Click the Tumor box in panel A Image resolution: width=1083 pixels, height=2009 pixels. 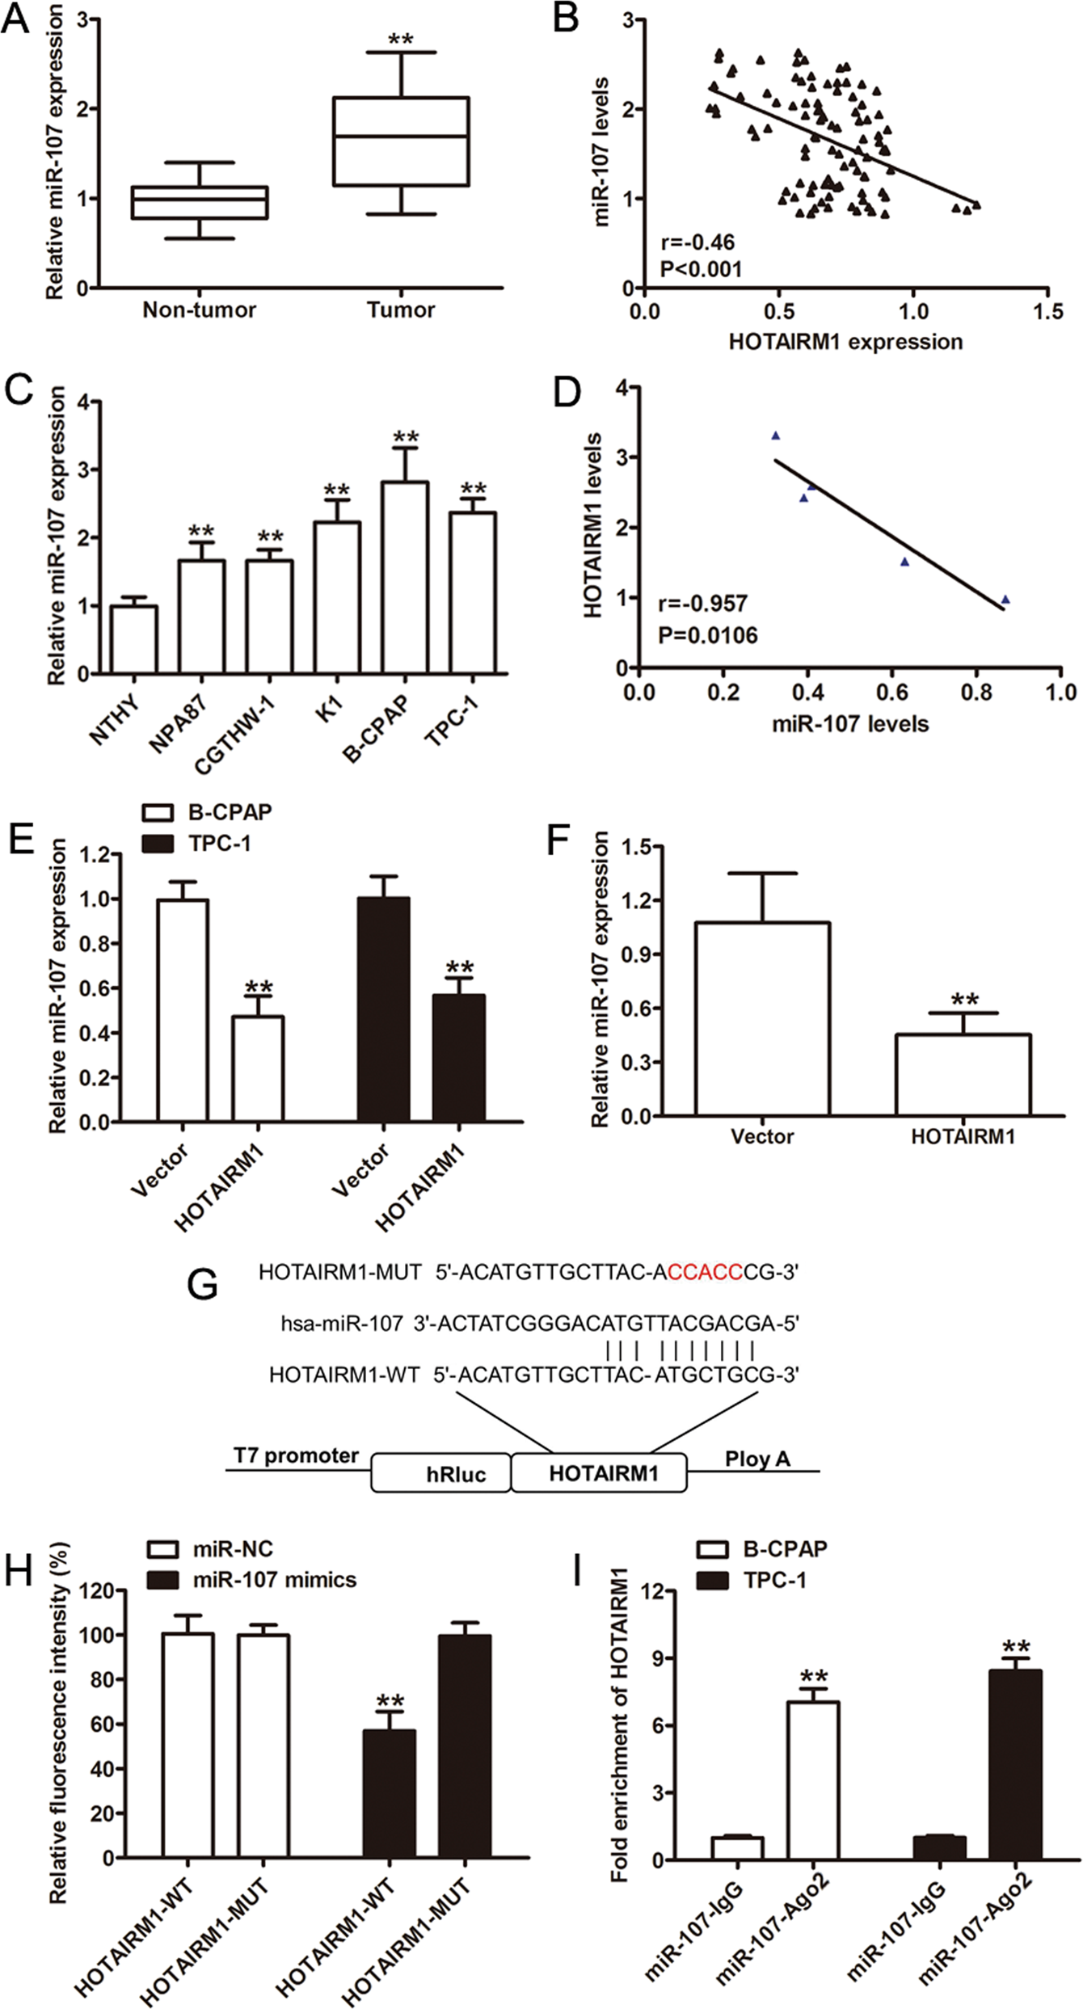[402, 141]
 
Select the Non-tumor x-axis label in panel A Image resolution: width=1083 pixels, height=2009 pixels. [199, 310]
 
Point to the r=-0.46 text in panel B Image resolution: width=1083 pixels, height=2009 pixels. [697, 242]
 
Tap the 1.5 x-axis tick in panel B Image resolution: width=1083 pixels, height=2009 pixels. [1047, 311]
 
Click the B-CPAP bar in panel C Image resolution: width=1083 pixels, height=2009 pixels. [406, 577]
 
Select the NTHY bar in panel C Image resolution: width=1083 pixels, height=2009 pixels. [134, 639]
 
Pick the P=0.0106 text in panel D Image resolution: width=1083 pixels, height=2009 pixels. [708, 636]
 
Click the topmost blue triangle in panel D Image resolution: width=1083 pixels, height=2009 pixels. [776, 436]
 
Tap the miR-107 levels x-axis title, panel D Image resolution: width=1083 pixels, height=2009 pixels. [849, 724]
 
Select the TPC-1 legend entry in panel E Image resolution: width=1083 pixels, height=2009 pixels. [197, 844]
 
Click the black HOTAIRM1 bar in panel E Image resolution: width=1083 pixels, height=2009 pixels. [459, 1058]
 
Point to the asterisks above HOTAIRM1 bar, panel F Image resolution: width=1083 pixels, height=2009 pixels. [964, 1000]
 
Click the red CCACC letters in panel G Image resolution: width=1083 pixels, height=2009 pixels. [705, 1273]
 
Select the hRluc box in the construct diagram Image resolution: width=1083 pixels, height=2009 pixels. [441, 1473]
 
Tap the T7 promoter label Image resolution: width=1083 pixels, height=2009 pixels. [296, 1455]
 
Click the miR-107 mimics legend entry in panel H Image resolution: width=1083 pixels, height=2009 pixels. [252, 1580]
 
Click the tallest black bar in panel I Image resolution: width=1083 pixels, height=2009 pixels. [1015, 1765]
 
